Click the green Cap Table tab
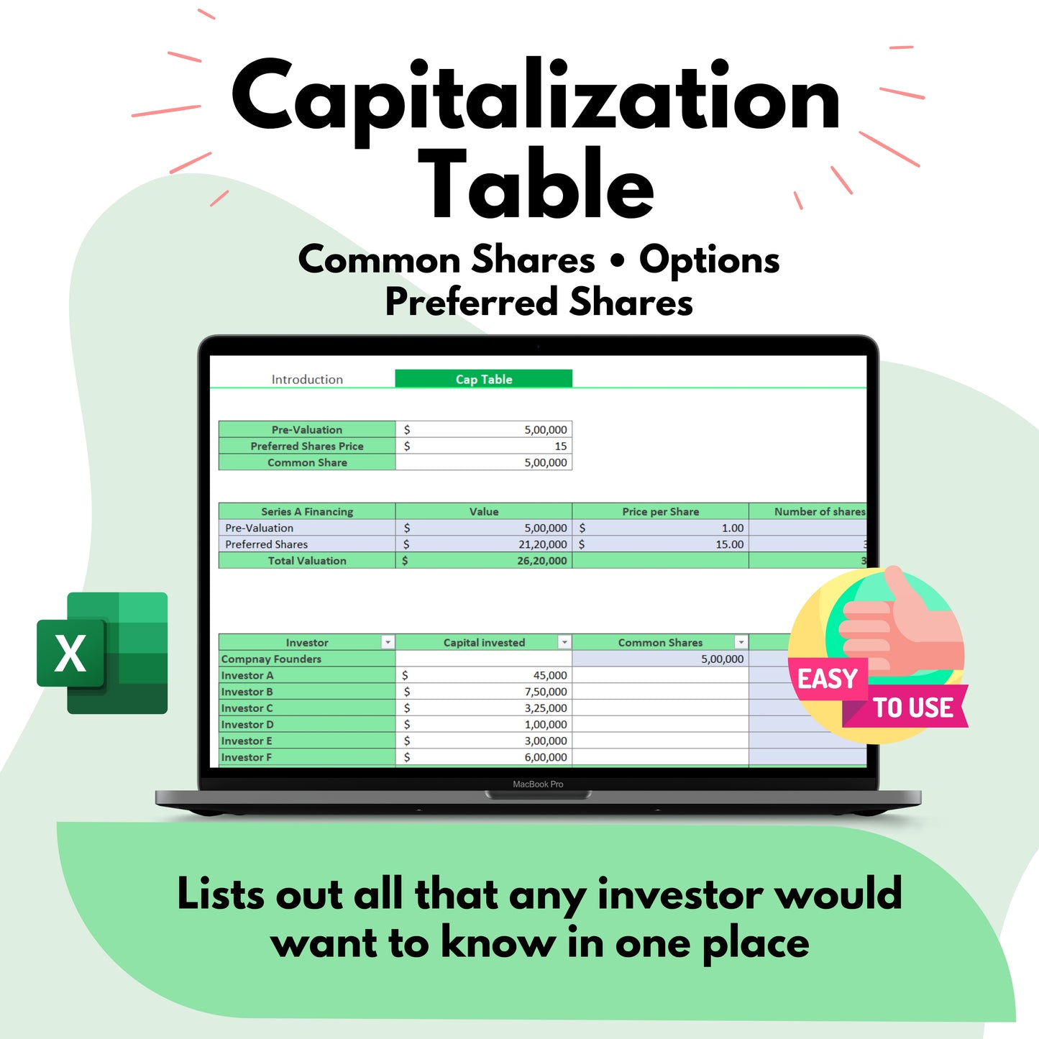click(483, 379)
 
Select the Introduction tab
click(307, 379)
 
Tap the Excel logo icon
click(102, 653)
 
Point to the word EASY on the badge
click(827, 679)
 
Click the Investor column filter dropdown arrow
click(388, 642)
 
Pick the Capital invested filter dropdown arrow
click(564, 642)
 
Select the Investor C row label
click(247, 708)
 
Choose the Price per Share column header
click(660, 512)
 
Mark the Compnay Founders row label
click(271, 659)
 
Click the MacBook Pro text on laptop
click(538, 784)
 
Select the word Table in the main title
click(536, 186)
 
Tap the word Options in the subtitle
click(709, 260)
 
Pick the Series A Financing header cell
click(307, 512)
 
